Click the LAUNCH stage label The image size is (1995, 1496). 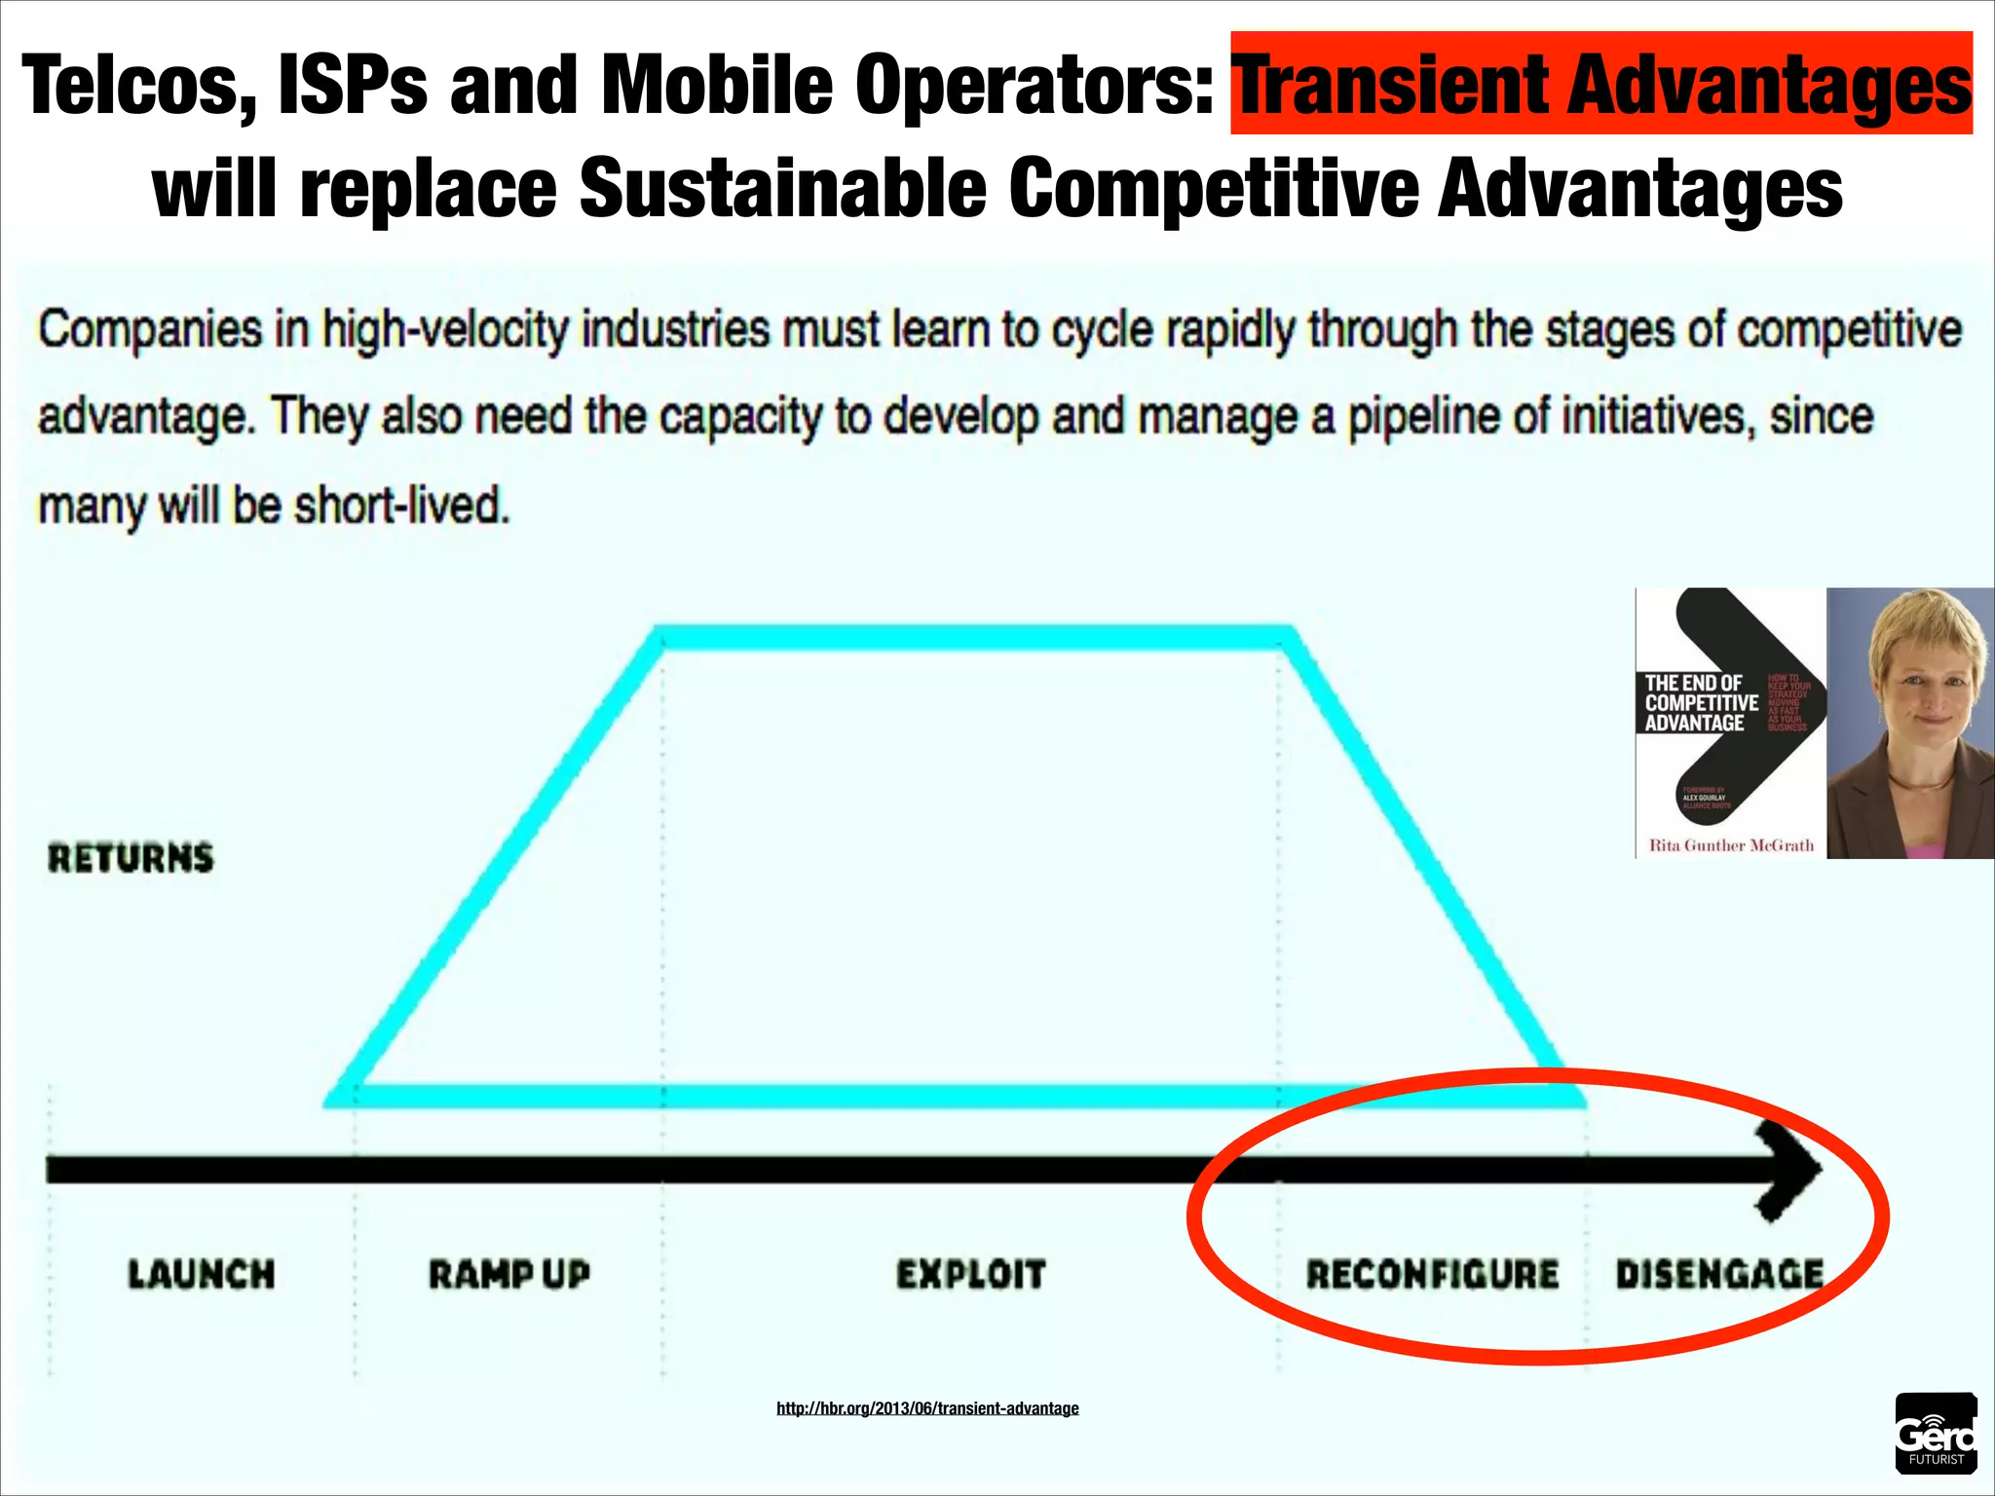(202, 1274)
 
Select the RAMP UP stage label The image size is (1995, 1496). (509, 1274)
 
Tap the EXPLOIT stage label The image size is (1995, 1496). (971, 1274)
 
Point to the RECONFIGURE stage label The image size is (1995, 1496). (1432, 1274)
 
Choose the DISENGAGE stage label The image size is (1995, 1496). (1719, 1274)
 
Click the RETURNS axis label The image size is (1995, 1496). (131, 858)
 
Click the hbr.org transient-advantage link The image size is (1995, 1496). (927, 1408)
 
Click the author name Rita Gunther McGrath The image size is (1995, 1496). (1731, 845)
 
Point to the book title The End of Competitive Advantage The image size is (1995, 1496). (1701, 703)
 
